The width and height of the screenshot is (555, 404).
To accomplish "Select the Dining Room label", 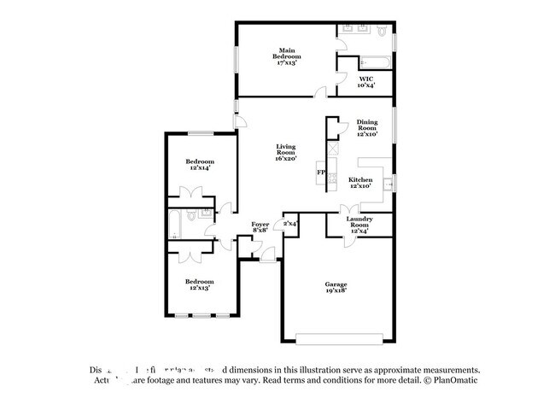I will point(367,128).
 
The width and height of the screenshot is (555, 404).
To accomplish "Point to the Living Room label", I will point(284,152).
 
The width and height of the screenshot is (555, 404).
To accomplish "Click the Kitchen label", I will point(360,184).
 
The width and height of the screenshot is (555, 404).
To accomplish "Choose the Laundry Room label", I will point(359,224).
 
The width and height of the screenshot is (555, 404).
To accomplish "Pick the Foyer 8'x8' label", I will point(260,226).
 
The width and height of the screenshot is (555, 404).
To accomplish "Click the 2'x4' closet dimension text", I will point(290,224).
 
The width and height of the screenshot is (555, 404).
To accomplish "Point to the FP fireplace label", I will point(321,173).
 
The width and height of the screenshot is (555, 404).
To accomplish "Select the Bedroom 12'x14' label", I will point(200,165).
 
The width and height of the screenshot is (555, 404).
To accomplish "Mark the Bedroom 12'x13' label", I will point(200,284).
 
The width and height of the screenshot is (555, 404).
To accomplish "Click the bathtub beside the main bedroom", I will point(375,61).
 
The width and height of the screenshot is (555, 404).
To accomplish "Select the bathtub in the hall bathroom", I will point(174,224).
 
